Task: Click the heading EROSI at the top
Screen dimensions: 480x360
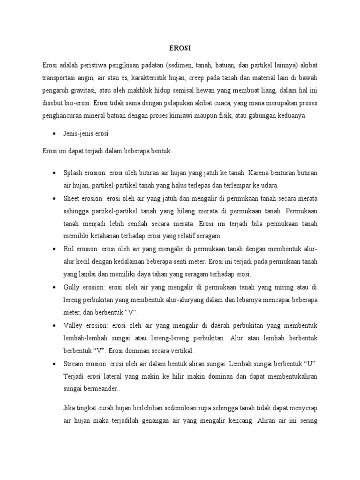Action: pos(180,47)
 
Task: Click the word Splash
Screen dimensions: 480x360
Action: pos(72,172)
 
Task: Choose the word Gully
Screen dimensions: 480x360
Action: pos(72,286)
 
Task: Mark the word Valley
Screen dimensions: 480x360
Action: pos(73,325)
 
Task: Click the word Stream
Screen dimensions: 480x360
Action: pos(74,363)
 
